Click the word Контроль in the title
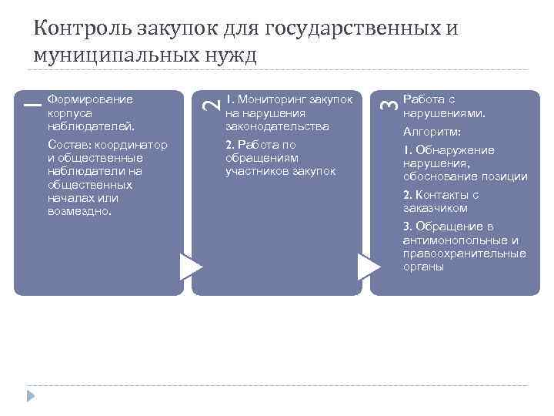coord(85,29)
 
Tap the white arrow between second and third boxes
coord(369,267)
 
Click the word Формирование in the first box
coord(90,99)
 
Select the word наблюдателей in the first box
coord(90,126)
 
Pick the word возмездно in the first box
coord(79,211)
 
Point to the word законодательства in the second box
coord(277,126)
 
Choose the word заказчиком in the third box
coord(435,208)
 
